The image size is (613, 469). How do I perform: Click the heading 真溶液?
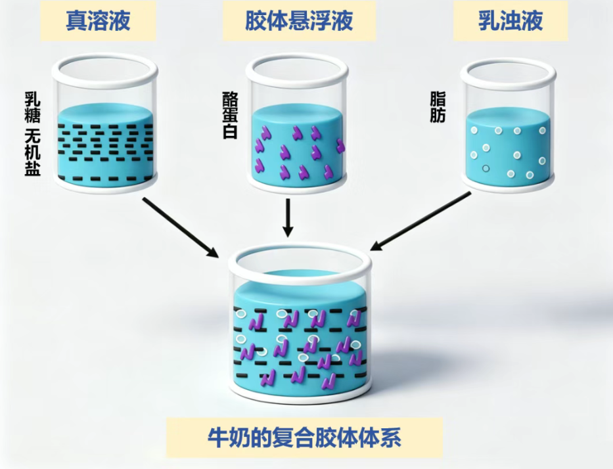coord(98,20)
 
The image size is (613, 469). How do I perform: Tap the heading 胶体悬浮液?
coord(299,20)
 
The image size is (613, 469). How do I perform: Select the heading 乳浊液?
coord(511,20)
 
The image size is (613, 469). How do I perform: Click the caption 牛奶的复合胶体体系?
coord(304,437)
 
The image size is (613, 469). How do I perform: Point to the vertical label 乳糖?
coord(32,107)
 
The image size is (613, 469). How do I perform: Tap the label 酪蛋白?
coord(230,116)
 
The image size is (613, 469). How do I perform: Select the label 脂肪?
coord(438,107)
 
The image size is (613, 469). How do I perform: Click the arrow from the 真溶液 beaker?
coord(181,227)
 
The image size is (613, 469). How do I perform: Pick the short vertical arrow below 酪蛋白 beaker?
coord(288,217)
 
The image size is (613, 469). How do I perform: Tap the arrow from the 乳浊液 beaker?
coord(420,221)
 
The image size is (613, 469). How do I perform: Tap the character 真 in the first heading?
coord(76,20)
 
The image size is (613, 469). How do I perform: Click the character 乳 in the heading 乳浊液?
coord(489,20)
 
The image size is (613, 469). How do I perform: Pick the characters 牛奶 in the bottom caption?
coord(229,437)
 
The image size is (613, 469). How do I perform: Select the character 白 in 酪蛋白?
coord(230,132)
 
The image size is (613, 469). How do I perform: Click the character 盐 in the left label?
coord(32,169)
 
